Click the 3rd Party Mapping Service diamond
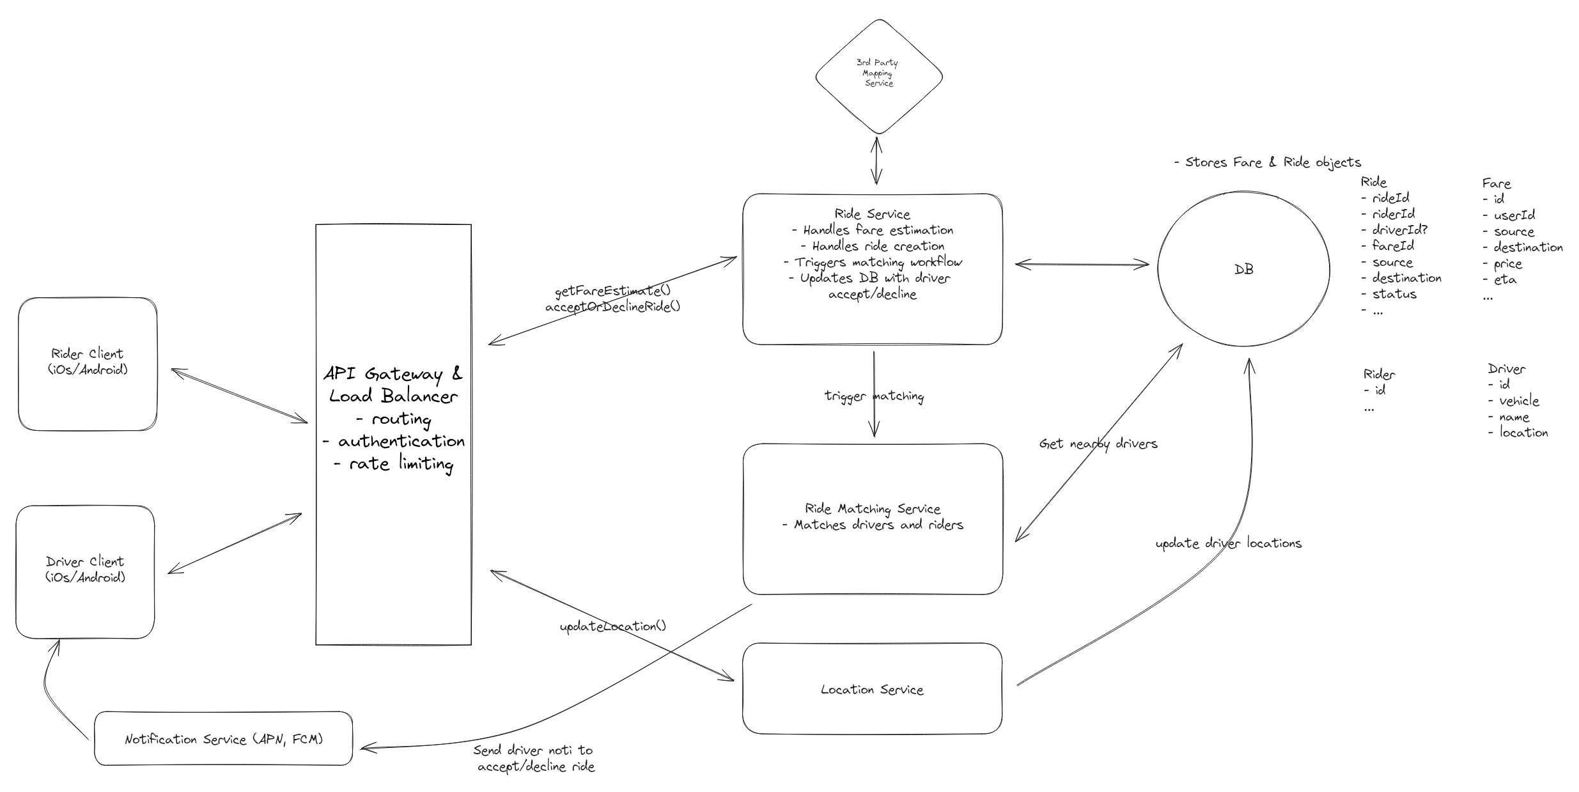tap(878, 75)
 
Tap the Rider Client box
tap(88, 363)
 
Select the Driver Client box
tap(85, 571)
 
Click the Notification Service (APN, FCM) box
tap(223, 739)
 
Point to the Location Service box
tap(872, 689)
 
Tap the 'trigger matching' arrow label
tap(873, 396)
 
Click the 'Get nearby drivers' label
tap(1098, 444)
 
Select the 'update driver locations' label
tap(1228, 543)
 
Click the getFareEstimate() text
tap(612, 291)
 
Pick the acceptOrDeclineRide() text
tap(612, 307)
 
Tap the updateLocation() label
tap(612, 626)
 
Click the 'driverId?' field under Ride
tap(1399, 229)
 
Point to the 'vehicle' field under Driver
tap(1518, 401)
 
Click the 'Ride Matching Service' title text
tap(872, 509)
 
